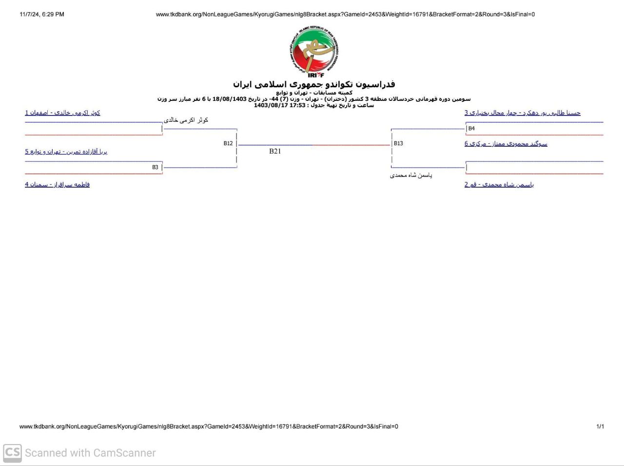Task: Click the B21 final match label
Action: (x=275, y=151)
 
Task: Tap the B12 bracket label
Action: (x=228, y=143)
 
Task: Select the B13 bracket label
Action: (x=398, y=143)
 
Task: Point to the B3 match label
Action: (x=155, y=167)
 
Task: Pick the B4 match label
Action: (x=471, y=129)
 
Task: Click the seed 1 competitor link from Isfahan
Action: (x=63, y=113)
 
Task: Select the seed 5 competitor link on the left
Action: (x=66, y=152)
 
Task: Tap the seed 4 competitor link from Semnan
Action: (x=58, y=184)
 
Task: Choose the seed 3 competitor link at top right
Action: (x=522, y=113)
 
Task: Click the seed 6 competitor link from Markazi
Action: (x=506, y=144)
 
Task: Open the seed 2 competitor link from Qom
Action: (x=499, y=184)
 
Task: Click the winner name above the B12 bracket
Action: (x=186, y=120)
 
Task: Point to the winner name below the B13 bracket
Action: (x=411, y=175)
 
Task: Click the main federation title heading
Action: (x=314, y=84)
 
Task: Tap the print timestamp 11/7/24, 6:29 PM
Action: (x=42, y=15)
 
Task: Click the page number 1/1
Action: (x=600, y=427)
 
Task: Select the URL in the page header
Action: (x=345, y=15)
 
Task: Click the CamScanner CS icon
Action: (x=12, y=453)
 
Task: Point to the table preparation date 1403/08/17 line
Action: (x=314, y=105)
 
